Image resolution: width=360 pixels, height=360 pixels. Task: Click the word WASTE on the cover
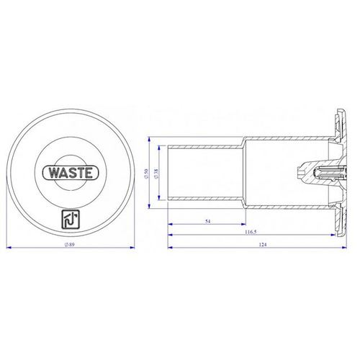pos(71,173)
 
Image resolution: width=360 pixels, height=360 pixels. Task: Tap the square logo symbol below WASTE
pos(71,220)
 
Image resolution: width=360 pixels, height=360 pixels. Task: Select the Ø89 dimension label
pos(70,245)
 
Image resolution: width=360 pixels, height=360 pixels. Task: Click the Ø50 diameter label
pos(147,174)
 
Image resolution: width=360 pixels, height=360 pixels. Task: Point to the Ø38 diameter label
pos(156,174)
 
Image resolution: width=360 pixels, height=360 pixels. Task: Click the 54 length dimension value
pos(208,221)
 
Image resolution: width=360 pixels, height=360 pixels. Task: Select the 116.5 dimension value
pos(251,232)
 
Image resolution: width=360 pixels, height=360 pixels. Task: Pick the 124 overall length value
pos(263,245)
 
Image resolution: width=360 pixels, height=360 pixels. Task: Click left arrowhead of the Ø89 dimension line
pos(9,248)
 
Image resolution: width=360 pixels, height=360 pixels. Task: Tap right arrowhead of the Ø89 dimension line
pos(132,248)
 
